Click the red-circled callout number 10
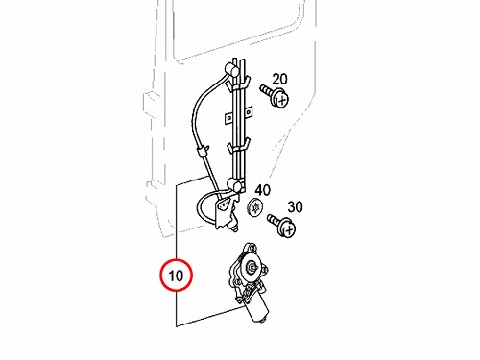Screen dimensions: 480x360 point(176,276)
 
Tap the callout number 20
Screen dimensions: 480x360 point(279,79)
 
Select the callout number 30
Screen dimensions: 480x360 point(295,207)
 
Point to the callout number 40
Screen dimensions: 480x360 point(262,190)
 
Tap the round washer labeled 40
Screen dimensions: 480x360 point(255,207)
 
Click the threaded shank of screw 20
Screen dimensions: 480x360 point(267,89)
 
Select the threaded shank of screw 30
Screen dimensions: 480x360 point(274,219)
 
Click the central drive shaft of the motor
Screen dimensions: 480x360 point(251,266)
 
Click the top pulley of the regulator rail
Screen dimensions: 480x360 point(229,68)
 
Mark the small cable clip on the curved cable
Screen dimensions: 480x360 point(203,152)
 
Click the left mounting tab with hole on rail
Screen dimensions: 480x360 point(228,118)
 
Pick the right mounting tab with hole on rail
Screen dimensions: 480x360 point(248,111)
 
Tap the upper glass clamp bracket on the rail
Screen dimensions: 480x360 point(237,84)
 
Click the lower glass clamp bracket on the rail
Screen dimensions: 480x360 point(238,146)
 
